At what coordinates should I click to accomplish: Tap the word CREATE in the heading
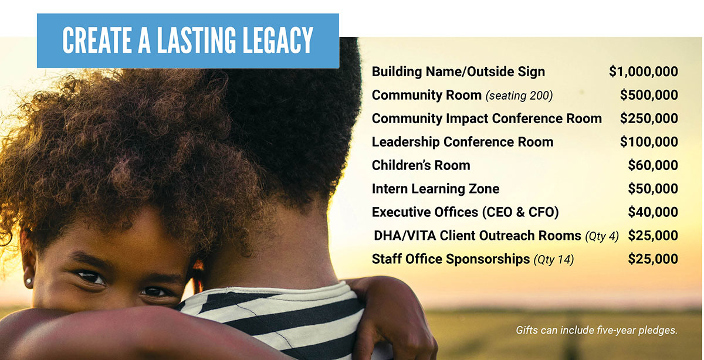click(97, 40)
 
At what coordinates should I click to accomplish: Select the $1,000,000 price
click(644, 72)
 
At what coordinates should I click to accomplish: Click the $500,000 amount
click(649, 95)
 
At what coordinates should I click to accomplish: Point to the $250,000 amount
click(649, 118)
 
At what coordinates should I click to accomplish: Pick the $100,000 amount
click(649, 142)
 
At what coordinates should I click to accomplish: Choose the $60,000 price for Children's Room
click(653, 165)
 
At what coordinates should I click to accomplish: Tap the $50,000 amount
click(653, 188)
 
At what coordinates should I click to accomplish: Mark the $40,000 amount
click(653, 212)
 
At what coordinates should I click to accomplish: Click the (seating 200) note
click(519, 96)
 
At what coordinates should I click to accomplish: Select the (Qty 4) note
click(602, 236)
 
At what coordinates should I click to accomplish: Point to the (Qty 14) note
click(554, 260)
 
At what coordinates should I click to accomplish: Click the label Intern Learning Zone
click(435, 189)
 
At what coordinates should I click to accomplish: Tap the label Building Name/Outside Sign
click(458, 72)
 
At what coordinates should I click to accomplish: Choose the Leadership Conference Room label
click(462, 142)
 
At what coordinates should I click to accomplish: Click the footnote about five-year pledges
click(597, 330)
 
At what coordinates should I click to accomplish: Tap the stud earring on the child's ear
click(29, 280)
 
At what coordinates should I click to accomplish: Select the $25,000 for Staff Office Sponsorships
click(653, 259)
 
